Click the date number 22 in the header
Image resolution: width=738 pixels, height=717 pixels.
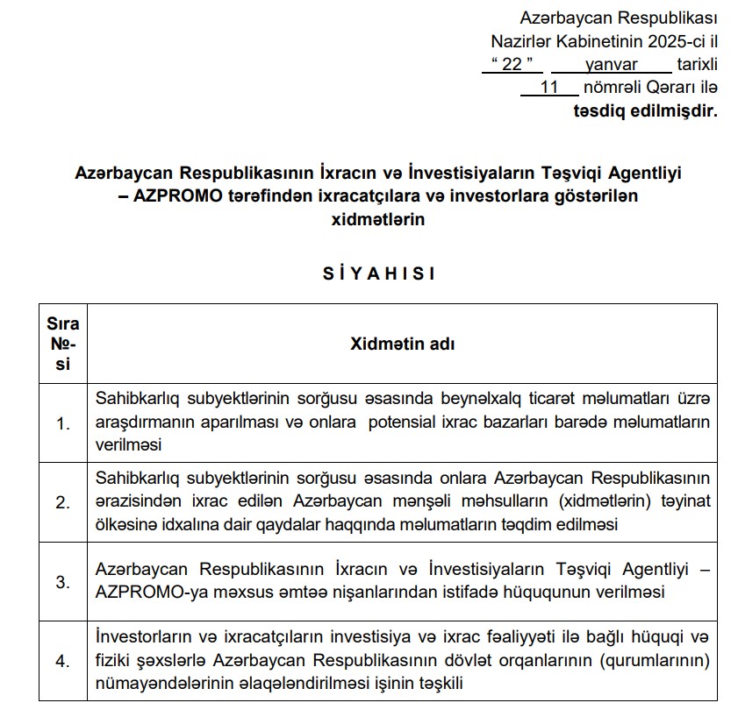click(x=512, y=63)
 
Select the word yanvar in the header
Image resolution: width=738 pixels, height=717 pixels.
click(x=612, y=63)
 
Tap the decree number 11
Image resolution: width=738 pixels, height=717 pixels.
click(x=550, y=87)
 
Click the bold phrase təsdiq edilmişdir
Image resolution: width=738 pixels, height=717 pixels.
click(x=645, y=110)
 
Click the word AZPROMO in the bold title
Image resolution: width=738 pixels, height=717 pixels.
click(x=175, y=196)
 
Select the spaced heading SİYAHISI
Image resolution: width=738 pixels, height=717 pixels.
click(x=378, y=273)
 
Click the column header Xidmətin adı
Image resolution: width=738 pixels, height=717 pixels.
click(x=403, y=344)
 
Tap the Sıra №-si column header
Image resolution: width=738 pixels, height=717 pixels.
click(x=62, y=344)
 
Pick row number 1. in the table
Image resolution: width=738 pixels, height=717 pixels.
click(x=62, y=424)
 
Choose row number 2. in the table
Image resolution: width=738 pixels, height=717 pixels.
click(x=62, y=502)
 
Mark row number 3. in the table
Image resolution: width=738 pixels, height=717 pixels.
click(x=62, y=581)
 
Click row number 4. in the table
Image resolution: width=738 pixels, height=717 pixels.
click(x=62, y=662)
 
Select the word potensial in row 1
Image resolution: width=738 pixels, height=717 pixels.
click(x=400, y=421)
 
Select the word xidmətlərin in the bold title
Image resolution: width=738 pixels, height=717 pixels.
click(x=378, y=220)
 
